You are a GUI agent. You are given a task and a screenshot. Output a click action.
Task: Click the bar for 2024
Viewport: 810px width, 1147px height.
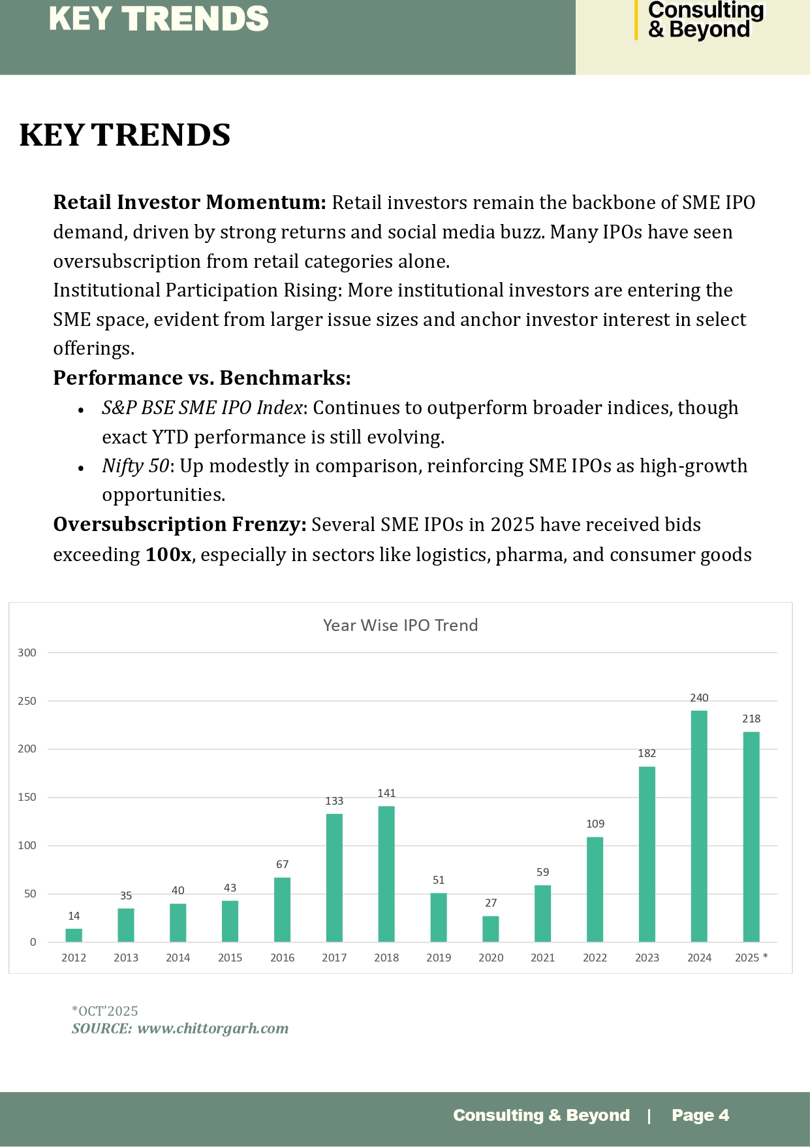point(698,826)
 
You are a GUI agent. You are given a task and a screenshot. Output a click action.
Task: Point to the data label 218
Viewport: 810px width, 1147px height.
point(751,719)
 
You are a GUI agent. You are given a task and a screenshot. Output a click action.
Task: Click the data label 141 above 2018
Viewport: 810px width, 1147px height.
point(386,793)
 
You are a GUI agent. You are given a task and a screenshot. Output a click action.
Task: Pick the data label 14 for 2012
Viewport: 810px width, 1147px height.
point(74,916)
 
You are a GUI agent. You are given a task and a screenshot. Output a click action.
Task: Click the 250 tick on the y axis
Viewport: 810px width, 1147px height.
point(27,701)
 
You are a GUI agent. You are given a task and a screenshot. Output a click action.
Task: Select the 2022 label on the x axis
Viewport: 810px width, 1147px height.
point(595,958)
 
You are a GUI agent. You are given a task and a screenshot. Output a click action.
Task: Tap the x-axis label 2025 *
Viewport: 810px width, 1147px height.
point(751,958)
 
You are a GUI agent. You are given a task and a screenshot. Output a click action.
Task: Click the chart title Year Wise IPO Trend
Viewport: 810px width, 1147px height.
point(400,625)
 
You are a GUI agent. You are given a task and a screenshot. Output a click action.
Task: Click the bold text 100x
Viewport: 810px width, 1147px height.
point(168,555)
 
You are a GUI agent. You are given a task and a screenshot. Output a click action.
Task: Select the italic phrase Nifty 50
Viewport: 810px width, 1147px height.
point(135,466)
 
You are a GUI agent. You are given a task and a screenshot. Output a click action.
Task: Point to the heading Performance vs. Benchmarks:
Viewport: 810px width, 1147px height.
point(202,378)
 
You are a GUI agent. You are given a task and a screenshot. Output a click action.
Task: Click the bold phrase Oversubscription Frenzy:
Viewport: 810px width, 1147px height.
point(179,525)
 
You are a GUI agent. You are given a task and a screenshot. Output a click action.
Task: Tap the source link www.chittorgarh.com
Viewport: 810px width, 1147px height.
point(213,1028)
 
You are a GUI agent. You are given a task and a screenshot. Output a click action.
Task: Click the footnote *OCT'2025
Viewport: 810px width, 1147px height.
point(105,1011)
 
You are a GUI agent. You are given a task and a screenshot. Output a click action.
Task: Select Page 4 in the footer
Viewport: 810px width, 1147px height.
point(700,1115)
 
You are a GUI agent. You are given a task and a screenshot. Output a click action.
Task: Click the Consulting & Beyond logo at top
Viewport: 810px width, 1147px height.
point(705,20)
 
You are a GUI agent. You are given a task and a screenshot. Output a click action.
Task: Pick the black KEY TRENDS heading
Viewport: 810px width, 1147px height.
point(125,135)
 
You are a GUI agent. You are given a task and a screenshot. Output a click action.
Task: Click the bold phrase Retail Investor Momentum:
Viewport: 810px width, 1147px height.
point(189,202)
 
